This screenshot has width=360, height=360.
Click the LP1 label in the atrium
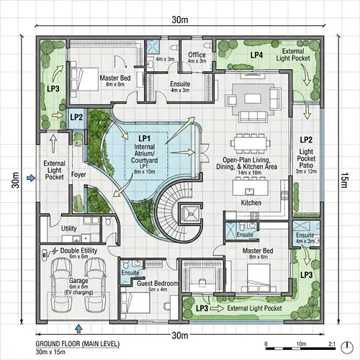click(144, 138)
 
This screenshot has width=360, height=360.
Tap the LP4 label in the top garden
click(256, 55)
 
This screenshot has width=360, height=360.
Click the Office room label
click(197, 55)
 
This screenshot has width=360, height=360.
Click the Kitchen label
click(251, 204)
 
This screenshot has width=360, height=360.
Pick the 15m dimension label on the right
click(344, 178)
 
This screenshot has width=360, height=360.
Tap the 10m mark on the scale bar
click(301, 343)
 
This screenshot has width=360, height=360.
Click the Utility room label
click(69, 228)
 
